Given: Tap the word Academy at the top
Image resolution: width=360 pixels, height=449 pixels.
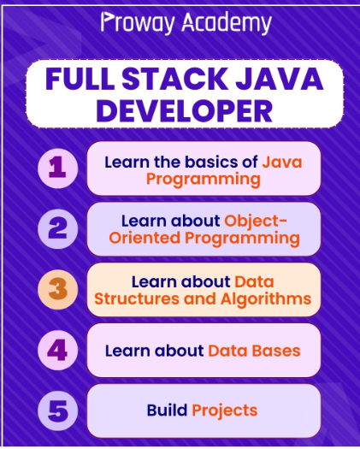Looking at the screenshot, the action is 227,22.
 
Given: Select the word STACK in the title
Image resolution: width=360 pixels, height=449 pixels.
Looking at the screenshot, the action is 174,79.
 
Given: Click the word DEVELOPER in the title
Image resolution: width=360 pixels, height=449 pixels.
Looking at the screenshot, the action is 184,111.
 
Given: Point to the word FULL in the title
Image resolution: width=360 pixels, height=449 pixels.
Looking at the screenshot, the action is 80,79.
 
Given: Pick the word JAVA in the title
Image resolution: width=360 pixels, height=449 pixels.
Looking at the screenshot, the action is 280,79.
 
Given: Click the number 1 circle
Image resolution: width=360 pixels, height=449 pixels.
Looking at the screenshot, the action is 57,168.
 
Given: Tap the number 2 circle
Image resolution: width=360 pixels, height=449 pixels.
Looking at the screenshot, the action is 57,229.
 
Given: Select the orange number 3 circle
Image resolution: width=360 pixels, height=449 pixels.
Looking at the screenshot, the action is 57,290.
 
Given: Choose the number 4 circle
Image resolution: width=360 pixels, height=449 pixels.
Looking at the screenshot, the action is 57,350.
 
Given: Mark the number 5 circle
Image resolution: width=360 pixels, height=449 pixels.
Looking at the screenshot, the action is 57,411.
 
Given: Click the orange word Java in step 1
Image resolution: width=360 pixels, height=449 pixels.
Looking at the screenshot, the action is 282,162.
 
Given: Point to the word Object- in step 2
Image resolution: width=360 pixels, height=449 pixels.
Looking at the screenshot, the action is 256,222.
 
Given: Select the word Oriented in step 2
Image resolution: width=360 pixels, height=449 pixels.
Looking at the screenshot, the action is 145,238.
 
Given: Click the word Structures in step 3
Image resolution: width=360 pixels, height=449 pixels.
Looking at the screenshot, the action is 137,298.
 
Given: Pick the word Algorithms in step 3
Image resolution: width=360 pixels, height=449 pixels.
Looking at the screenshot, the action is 266,299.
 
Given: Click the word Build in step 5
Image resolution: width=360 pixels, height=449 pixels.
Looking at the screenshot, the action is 168,410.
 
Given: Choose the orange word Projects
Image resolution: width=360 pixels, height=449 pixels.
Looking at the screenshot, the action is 225,411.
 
